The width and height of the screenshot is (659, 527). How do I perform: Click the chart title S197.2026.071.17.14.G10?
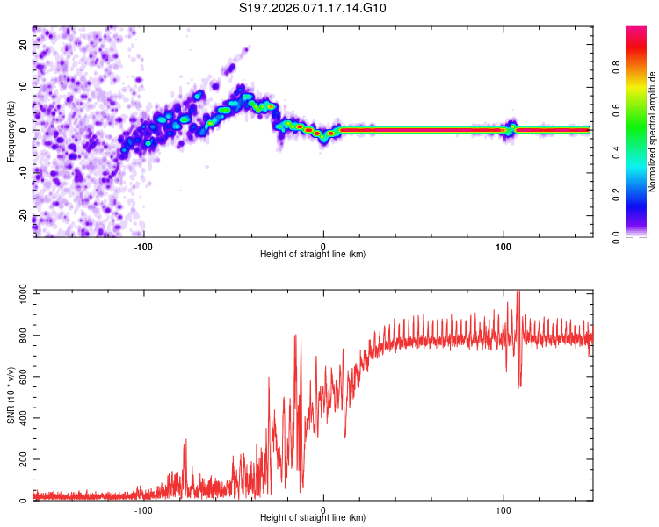click(313, 9)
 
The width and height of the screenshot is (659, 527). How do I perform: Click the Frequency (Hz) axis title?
click(11, 132)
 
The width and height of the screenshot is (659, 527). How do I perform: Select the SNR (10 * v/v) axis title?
click(11, 395)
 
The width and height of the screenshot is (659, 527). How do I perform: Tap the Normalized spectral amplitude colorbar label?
click(653, 132)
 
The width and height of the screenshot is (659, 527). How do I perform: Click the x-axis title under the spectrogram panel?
click(313, 255)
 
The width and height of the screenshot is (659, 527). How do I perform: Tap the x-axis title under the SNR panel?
click(313, 518)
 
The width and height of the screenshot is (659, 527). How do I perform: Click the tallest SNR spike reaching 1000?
click(518, 293)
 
